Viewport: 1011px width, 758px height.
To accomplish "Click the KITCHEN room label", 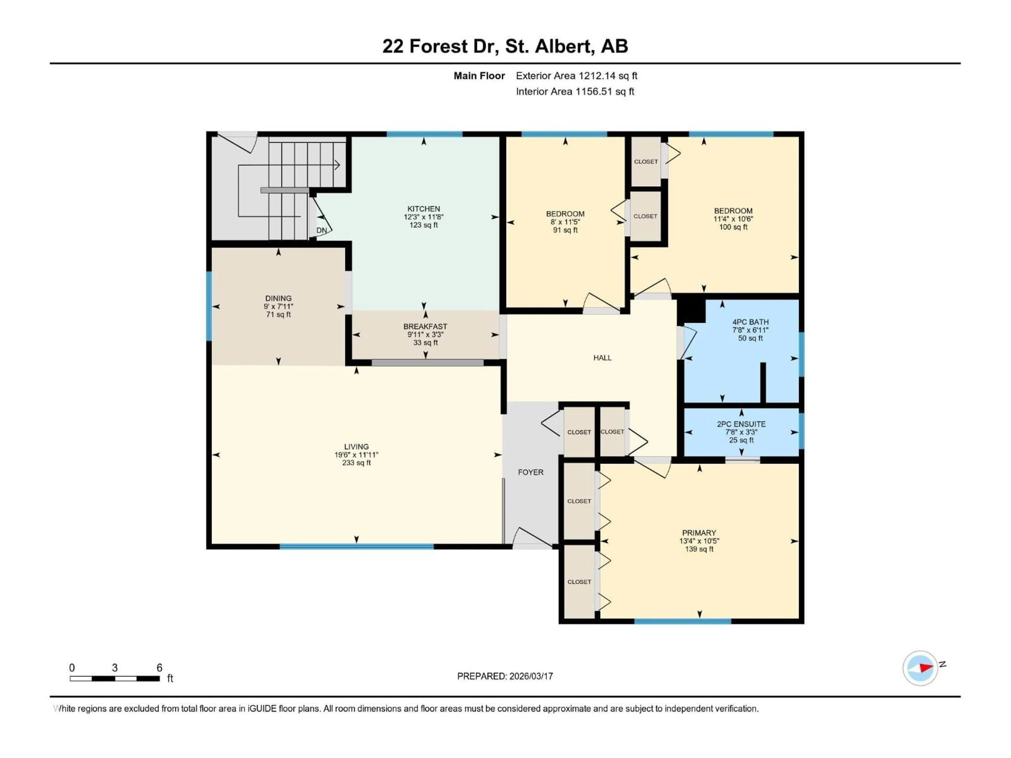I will [x=424, y=209].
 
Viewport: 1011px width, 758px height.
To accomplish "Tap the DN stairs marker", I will [x=322, y=230].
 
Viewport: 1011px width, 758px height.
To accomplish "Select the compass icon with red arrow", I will [x=920, y=668].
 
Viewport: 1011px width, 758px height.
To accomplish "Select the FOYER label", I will [x=530, y=472].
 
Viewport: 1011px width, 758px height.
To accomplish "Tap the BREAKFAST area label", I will [x=425, y=326].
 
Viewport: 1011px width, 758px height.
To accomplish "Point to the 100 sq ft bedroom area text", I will [x=733, y=227].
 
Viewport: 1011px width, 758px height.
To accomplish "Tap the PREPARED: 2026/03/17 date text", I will [x=505, y=676].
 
